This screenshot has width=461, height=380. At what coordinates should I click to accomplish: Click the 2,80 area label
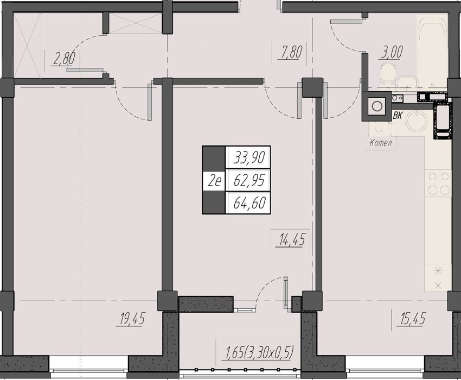click(x=63, y=58)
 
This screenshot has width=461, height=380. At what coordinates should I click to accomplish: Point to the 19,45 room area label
click(x=132, y=319)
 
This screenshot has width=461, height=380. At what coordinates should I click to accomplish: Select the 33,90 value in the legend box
click(x=250, y=157)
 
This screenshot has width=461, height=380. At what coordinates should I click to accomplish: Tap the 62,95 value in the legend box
click(x=250, y=180)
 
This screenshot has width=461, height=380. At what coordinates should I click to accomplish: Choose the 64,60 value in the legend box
click(x=250, y=203)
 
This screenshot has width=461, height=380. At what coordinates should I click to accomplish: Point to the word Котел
click(x=381, y=143)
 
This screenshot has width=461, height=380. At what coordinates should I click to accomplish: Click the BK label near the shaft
click(x=398, y=116)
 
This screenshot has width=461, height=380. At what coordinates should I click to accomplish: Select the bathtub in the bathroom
click(x=432, y=51)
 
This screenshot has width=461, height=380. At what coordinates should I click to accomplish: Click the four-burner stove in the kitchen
click(x=438, y=183)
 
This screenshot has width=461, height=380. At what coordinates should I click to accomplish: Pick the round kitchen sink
click(x=417, y=121)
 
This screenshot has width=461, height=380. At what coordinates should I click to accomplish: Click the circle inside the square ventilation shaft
click(x=376, y=106)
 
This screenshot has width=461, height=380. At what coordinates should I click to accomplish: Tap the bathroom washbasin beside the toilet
click(x=406, y=83)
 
